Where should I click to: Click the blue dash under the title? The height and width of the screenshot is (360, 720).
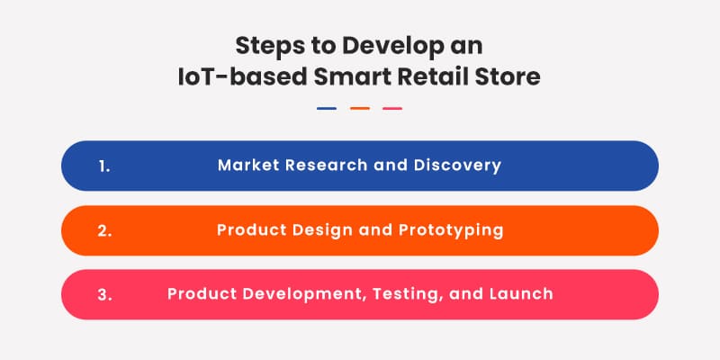point(327,109)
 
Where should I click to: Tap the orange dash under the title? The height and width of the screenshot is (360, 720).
point(360,109)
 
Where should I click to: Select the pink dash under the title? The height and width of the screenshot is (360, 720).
point(392,109)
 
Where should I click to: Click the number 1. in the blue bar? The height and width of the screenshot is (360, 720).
point(103,166)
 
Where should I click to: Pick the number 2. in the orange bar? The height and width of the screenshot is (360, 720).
point(104,230)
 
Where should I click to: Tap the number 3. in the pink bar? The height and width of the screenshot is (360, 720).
point(104,294)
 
